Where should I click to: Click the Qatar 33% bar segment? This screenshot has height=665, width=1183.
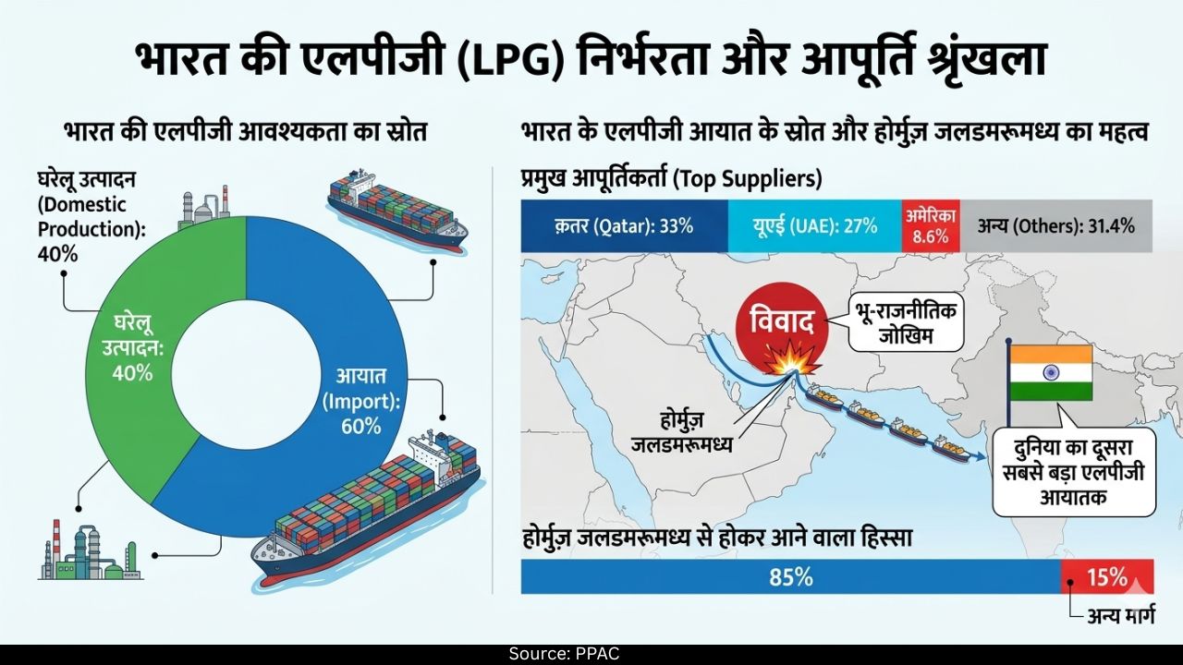point(624,226)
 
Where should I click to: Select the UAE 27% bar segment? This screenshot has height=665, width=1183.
point(813,226)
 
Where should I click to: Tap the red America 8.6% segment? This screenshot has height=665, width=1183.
point(931,226)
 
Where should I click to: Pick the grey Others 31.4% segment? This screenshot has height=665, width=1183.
point(1056,226)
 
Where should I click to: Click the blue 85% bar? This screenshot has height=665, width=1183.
point(790,578)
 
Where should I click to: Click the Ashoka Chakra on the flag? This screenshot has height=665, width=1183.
point(1051,372)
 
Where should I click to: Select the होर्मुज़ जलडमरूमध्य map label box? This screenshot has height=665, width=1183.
point(681,432)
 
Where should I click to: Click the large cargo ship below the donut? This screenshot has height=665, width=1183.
point(370,517)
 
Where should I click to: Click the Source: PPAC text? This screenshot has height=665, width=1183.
point(564,654)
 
